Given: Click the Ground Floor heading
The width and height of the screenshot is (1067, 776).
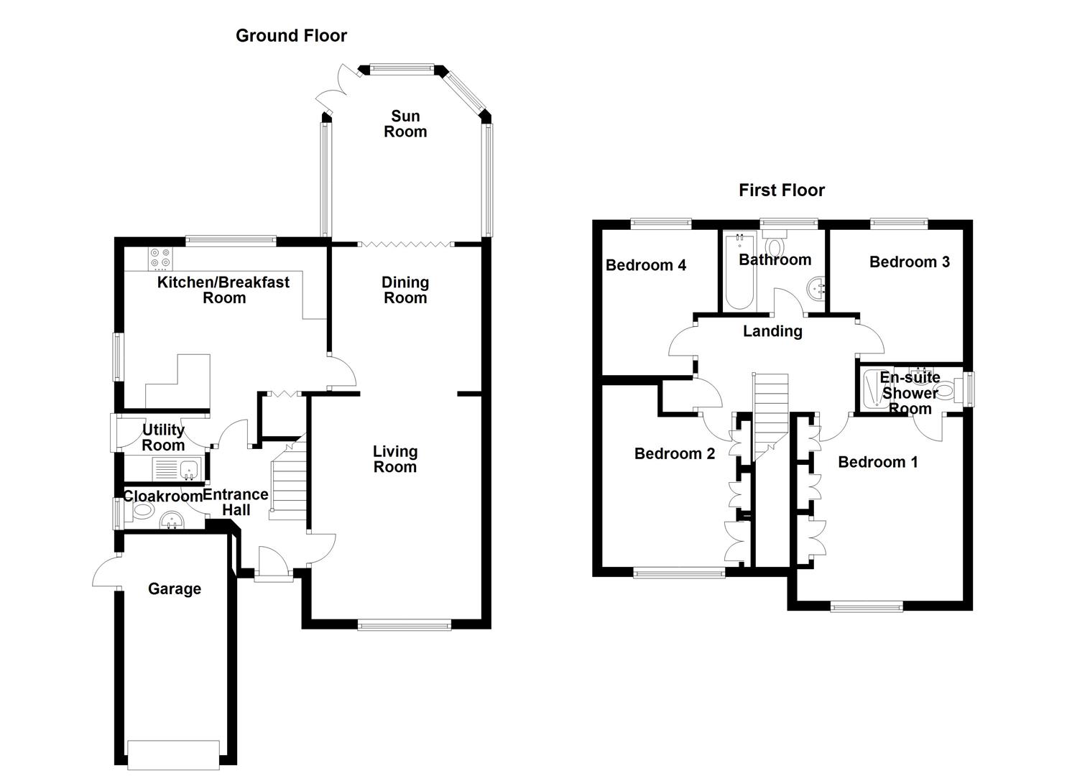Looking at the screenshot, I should [x=291, y=35].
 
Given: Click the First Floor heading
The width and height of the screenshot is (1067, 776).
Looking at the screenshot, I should [x=781, y=190].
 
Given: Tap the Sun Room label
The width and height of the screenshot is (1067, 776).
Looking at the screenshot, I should [x=405, y=124].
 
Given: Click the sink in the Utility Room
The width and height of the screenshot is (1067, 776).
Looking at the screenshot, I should [x=190, y=469].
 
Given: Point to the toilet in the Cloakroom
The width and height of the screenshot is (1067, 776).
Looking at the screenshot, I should [x=142, y=511].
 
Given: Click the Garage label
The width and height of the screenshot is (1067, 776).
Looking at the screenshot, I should [x=174, y=589].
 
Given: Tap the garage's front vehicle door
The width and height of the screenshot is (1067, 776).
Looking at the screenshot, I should [x=173, y=751].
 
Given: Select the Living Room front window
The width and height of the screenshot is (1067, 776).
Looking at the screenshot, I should [x=405, y=625].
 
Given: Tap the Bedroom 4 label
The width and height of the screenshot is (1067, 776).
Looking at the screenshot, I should [x=645, y=265].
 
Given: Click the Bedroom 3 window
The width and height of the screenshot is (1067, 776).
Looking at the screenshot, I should [x=899, y=223].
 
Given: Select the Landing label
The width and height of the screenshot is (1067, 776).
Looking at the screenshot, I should [x=772, y=331].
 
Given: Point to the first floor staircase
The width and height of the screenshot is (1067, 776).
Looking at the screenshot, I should [x=770, y=410].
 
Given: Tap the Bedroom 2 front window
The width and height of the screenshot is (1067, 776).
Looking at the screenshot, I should [x=679, y=573].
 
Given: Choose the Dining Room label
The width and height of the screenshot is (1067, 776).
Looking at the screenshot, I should [x=405, y=290].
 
